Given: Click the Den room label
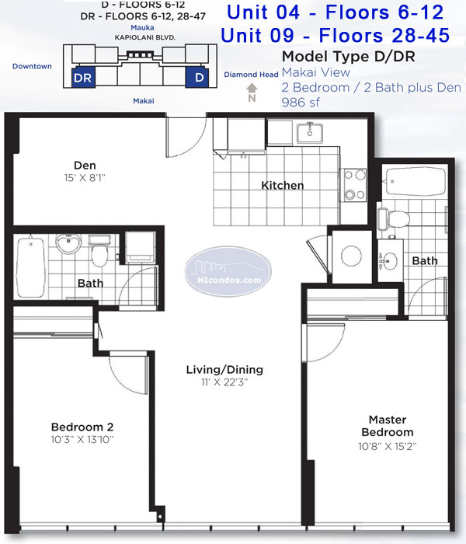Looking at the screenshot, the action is coord(85,165).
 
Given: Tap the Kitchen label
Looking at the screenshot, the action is coord(282,185).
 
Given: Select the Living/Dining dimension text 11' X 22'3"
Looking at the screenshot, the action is coord(224,382).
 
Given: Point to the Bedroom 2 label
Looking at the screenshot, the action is coord(82,427).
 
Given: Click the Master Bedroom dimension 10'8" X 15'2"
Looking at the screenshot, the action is coord(388,446).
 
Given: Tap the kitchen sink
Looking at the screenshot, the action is coord(310,133).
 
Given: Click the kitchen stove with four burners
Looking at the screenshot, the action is coord(355,185).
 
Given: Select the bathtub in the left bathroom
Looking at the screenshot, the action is coord(30,267).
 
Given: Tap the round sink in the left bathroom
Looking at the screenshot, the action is coord(68,242).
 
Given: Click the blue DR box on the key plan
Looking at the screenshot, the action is coord(83,78).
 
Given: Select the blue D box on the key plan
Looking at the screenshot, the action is coord(197,77).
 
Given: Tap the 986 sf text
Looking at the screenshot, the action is coord(301,103).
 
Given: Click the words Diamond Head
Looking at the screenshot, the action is coord(251,75).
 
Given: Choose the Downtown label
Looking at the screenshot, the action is coord(32,66).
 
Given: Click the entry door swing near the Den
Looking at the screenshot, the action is coord(186,137).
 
